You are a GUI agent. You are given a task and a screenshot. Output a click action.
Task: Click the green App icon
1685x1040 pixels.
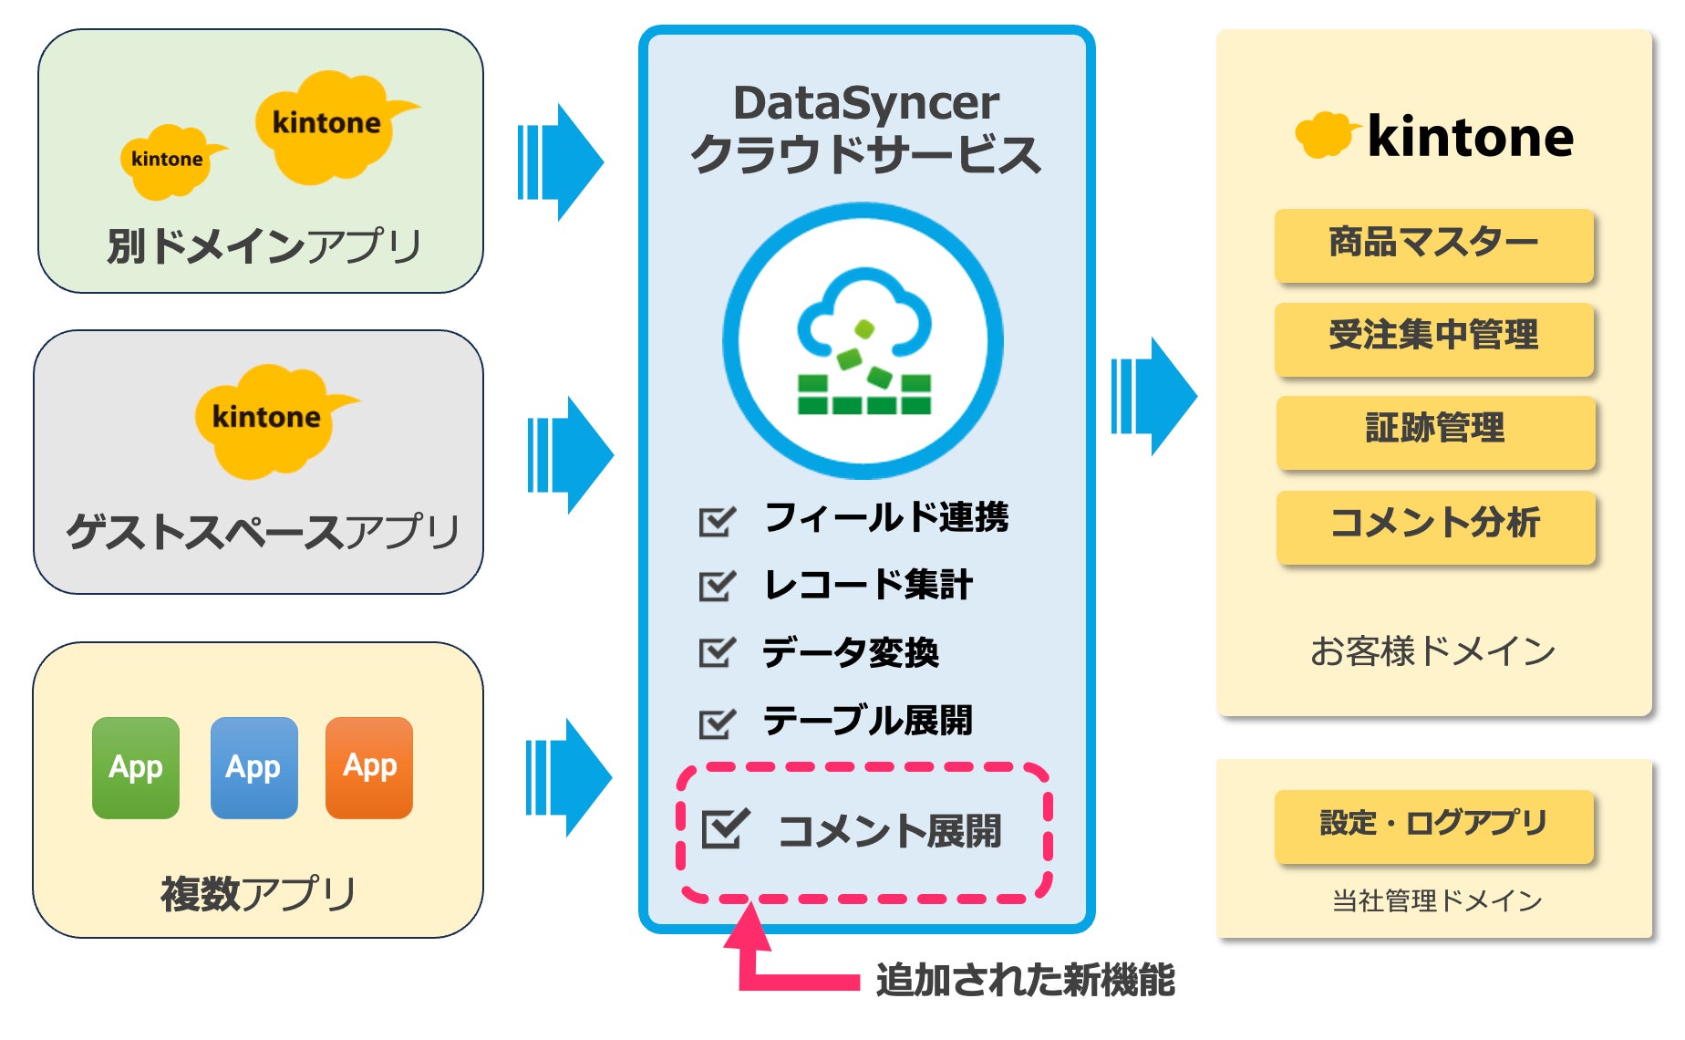[136, 767]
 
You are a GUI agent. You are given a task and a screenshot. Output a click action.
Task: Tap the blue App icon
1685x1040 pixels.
[253, 767]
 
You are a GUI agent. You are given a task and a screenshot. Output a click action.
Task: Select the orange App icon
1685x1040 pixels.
[369, 767]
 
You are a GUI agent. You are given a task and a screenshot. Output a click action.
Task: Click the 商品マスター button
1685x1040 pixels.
[1433, 244]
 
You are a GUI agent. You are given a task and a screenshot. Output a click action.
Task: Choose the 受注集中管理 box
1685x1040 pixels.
[1433, 338]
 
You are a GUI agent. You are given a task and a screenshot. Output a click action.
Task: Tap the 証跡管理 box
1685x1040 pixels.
[1435, 431]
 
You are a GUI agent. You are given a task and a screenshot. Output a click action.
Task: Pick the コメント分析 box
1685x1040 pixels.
[1435, 525]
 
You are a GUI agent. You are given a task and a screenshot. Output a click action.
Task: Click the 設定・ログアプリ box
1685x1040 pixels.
[1433, 825]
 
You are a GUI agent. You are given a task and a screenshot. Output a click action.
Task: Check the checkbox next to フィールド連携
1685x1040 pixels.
[717, 520]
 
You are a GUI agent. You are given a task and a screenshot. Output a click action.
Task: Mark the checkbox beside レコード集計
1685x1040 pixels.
[717, 586]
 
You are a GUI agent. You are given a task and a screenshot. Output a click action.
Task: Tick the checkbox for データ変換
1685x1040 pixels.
[717, 652]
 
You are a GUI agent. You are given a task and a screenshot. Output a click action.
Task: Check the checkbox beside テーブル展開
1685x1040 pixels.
[717, 723]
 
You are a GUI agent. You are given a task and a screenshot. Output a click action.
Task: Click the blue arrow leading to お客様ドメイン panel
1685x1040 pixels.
[1154, 396]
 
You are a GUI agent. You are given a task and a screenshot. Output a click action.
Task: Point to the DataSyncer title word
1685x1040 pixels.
[866, 103]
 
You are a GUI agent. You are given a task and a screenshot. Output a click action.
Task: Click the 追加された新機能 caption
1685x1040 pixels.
[1025, 981]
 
